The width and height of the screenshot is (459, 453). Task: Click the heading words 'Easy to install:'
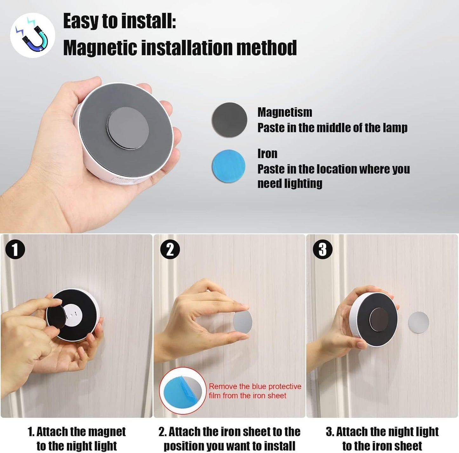(119, 21)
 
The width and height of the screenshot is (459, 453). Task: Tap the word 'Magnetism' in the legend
(285, 112)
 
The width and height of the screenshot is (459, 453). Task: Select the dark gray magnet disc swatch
(229, 120)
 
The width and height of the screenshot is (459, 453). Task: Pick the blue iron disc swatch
(228, 166)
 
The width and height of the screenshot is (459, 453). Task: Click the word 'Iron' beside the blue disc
(267, 154)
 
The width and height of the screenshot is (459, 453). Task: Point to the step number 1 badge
(15, 249)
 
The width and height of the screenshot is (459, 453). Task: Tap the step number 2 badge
(170, 249)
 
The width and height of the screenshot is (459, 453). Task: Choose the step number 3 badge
(322, 249)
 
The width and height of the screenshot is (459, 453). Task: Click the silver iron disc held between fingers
(243, 322)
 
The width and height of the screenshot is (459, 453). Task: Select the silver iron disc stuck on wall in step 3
(418, 323)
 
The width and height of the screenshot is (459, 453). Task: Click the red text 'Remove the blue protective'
(255, 387)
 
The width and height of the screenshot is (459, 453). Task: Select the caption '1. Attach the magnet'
(77, 432)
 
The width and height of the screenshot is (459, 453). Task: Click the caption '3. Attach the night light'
(382, 432)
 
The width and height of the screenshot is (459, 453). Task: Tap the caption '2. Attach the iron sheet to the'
(229, 432)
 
